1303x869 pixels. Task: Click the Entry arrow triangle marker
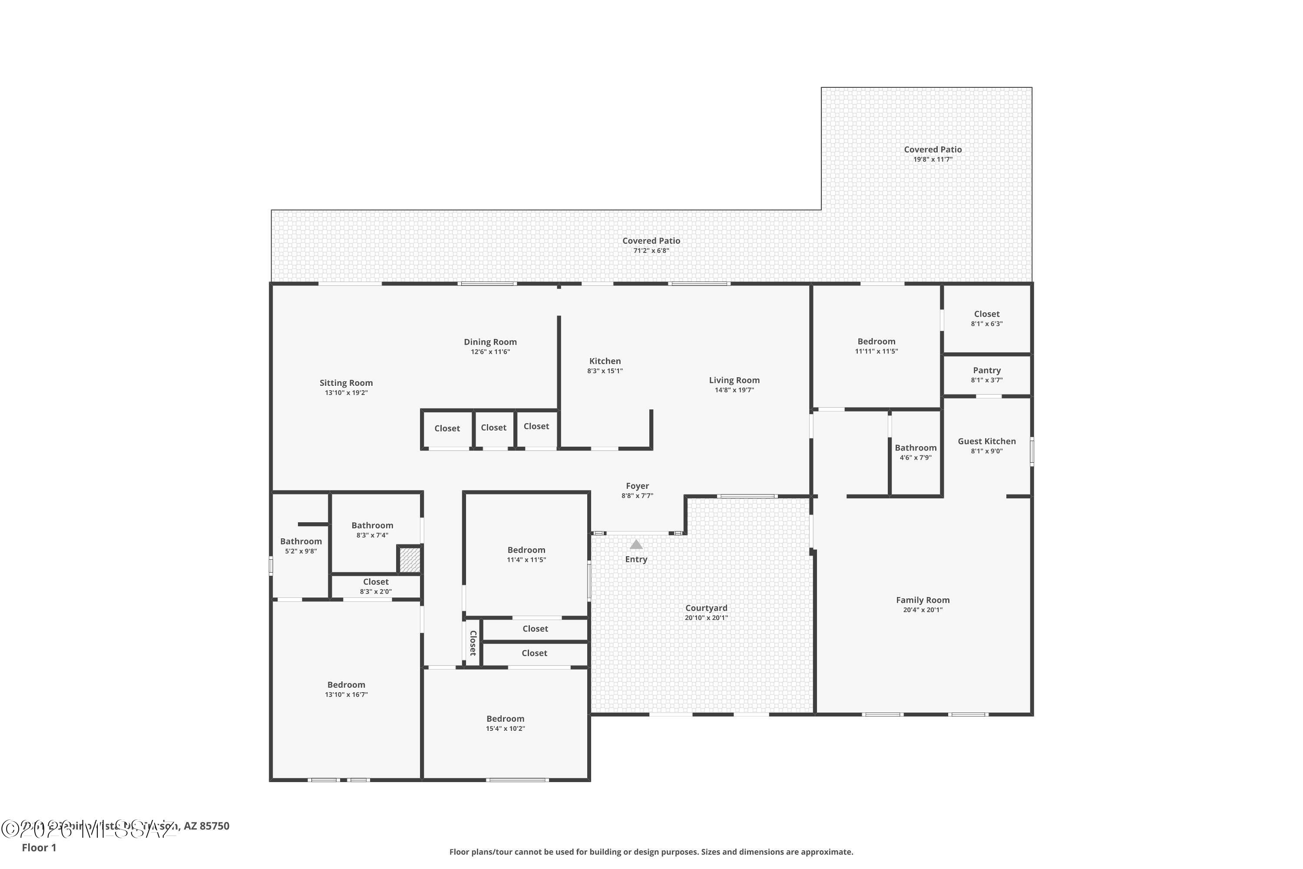click(636, 545)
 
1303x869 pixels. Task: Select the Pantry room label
click(987, 370)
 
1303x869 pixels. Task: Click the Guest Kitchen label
click(987, 441)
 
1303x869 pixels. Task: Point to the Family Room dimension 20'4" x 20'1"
click(923, 610)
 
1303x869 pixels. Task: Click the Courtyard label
click(706, 608)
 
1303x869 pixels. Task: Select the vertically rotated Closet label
click(473, 643)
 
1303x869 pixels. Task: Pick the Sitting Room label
click(346, 383)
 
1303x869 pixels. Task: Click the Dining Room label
click(490, 342)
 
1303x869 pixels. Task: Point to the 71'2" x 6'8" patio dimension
click(651, 251)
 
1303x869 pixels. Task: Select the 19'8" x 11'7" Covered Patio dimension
click(933, 159)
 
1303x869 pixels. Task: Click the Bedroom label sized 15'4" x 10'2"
click(505, 719)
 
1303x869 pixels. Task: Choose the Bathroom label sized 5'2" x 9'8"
click(301, 541)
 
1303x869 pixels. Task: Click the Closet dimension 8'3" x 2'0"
click(376, 591)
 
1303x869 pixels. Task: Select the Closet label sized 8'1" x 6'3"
click(987, 314)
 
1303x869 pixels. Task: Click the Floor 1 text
click(39, 847)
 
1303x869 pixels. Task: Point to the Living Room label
click(734, 380)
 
